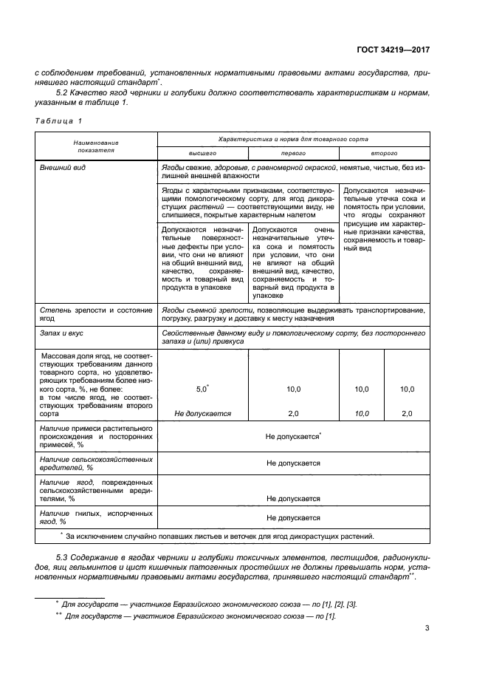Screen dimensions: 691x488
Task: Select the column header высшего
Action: [x=202, y=153]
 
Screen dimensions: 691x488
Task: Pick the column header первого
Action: [x=293, y=153]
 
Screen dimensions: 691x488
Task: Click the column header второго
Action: [x=385, y=153]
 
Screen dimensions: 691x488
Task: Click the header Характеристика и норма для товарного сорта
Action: [x=293, y=138]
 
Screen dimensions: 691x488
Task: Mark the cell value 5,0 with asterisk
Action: [x=202, y=388]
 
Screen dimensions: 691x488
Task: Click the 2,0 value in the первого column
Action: [x=293, y=414]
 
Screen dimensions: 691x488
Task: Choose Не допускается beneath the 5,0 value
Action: [x=202, y=414]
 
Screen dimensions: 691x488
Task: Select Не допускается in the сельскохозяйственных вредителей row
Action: [x=293, y=463]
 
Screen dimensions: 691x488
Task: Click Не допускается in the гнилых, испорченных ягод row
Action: [x=293, y=518]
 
